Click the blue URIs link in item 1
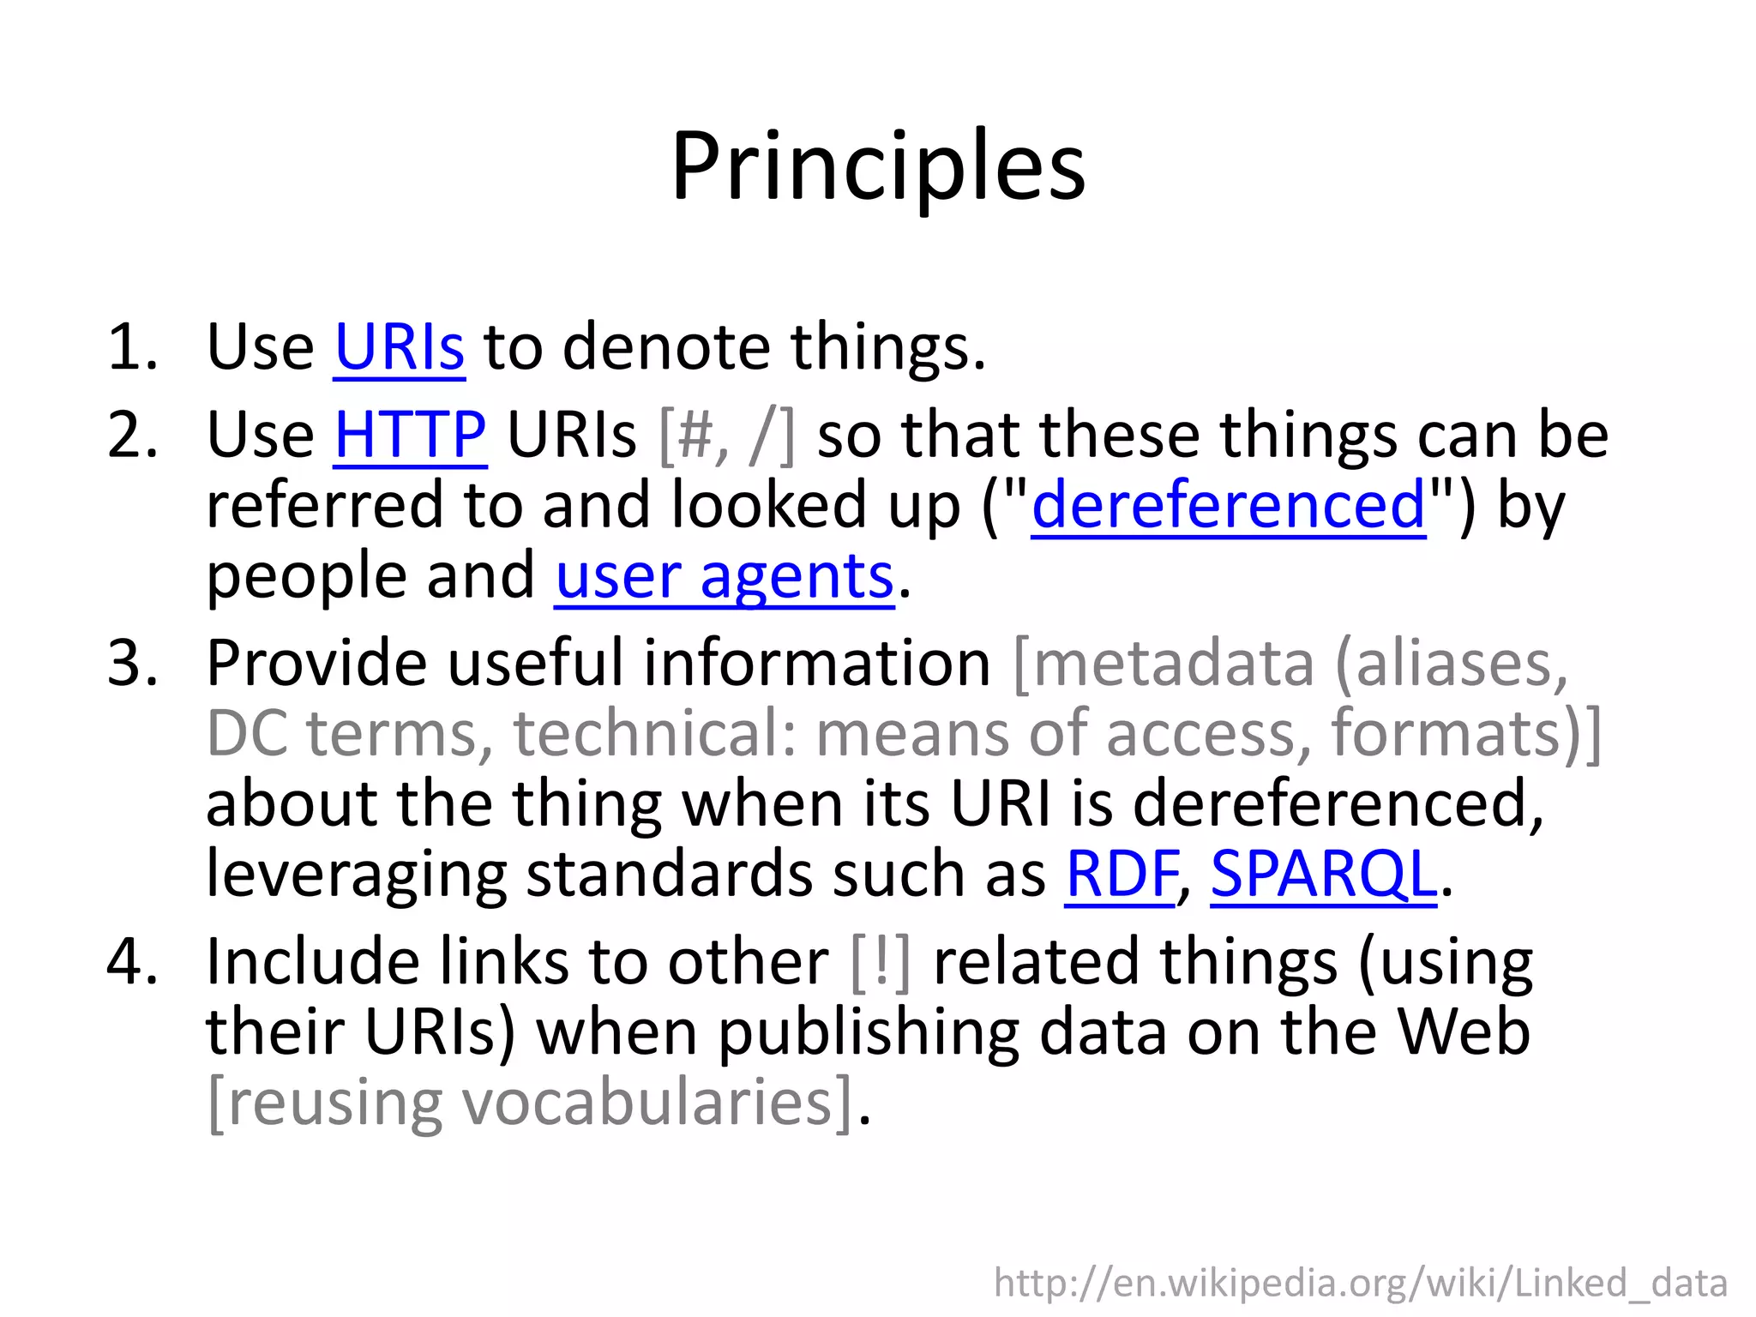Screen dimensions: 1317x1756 (400, 347)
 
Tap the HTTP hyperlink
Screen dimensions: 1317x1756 (410, 435)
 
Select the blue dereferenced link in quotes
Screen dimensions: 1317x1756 (1228, 505)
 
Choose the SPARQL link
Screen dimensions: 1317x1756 (1323, 874)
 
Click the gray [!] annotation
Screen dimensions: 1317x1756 (881, 963)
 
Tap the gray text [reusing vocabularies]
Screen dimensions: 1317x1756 (532, 1104)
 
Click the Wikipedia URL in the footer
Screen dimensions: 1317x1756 (1360, 1284)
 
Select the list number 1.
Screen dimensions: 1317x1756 (133, 347)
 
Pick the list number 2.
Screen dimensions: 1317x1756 (133, 435)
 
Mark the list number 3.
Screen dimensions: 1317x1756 (133, 663)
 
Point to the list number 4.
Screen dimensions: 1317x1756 (133, 961)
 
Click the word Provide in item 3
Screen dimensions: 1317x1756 (316, 663)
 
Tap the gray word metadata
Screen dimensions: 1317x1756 (1174, 663)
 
